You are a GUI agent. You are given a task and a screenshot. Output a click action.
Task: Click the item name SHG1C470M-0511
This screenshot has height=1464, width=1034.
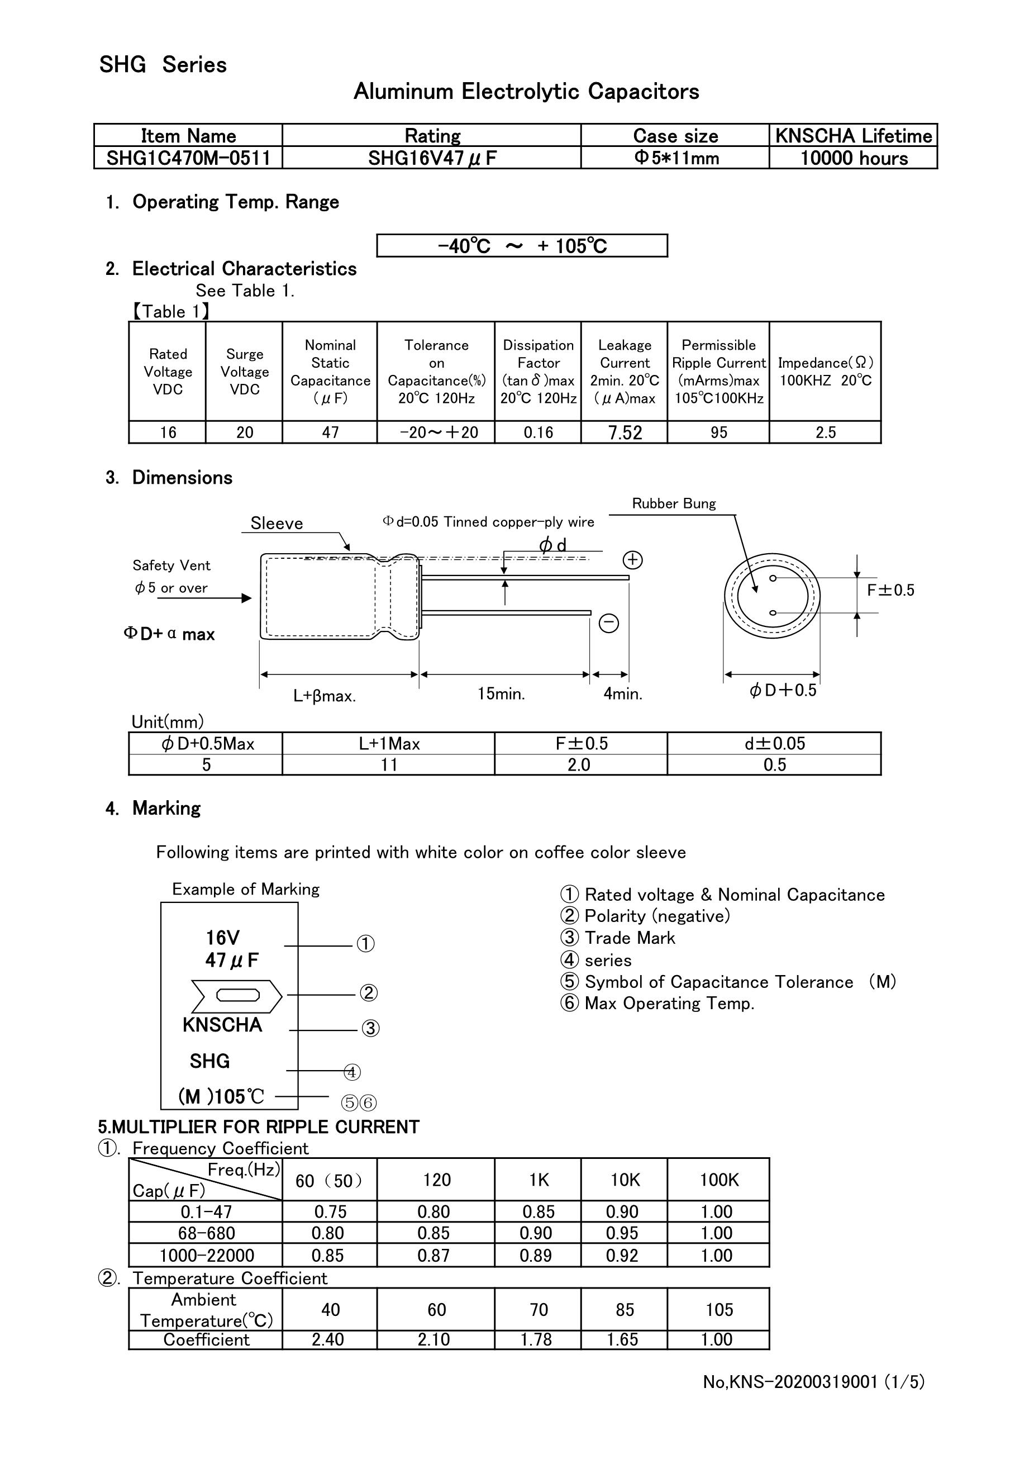[188, 158]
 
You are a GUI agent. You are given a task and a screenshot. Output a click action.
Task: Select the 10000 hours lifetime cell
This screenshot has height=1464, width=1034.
[853, 158]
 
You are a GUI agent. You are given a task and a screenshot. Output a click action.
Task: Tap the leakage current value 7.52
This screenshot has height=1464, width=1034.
[625, 433]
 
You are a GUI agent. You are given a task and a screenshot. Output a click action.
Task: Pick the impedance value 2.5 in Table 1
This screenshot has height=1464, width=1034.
[825, 433]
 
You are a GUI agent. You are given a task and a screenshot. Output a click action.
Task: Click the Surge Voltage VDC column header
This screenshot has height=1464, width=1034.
[244, 372]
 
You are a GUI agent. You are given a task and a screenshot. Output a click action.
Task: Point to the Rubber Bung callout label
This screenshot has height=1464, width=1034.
[673, 503]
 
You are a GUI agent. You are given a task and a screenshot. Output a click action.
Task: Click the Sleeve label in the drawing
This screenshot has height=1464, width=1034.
[276, 524]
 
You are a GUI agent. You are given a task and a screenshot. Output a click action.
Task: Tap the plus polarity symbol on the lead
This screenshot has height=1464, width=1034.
[632, 560]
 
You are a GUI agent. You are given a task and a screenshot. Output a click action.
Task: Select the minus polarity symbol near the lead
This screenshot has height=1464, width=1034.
[609, 623]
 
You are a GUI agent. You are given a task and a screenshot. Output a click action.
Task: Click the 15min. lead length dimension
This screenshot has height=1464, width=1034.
[501, 694]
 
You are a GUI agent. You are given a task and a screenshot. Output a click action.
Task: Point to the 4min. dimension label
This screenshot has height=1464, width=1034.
[623, 694]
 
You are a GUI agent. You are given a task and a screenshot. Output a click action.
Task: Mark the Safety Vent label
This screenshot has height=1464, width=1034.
[171, 565]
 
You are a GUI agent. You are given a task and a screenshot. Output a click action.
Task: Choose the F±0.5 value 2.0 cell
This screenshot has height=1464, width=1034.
[579, 764]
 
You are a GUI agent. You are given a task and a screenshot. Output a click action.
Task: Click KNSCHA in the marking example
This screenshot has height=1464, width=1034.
[222, 1025]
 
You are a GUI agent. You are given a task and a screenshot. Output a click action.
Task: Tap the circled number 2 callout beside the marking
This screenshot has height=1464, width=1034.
[369, 993]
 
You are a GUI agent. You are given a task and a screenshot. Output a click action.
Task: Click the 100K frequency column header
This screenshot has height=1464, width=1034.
[718, 1180]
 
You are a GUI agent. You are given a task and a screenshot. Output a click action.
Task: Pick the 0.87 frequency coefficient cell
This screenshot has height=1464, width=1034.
[433, 1256]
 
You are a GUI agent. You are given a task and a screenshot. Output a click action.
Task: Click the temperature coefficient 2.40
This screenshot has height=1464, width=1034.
[328, 1339]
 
